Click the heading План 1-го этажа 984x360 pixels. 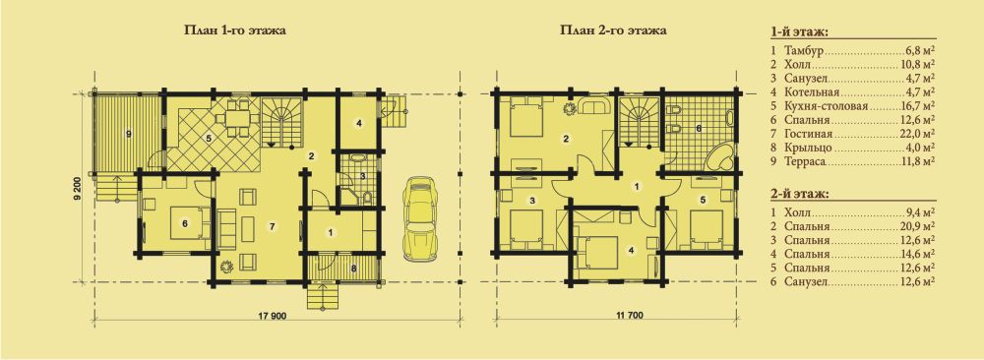230,30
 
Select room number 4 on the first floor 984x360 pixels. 358,123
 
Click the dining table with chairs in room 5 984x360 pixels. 238,116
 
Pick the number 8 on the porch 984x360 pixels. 353,270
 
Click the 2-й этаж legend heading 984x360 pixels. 798,194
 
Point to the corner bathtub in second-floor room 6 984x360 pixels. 720,156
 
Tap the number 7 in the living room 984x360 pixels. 272,226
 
